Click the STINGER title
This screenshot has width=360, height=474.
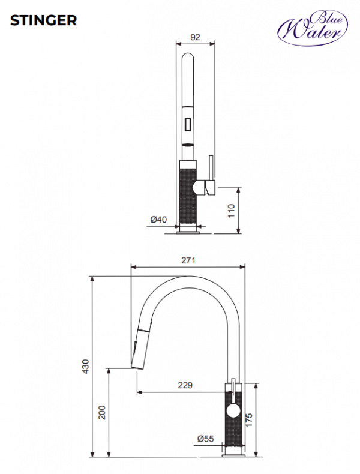coord(44,20)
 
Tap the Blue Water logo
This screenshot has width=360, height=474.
coord(313,28)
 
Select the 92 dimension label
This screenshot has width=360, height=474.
coord(195,37)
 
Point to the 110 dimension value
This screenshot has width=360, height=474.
coord(231,211)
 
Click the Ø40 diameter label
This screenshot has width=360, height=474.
coord(158,220)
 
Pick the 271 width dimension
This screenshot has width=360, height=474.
coord(188,260)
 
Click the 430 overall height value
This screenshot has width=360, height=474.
coord(86,367)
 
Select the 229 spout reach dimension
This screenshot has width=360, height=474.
coord(185,385)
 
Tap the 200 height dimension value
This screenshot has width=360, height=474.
coord(102,412)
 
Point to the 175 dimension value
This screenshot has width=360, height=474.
coord(249,420)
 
